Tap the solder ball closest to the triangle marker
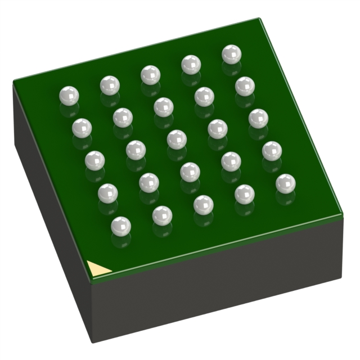tap(121, 226)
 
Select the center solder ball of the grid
tap(177, 138)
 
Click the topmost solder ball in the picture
tap(231, 54)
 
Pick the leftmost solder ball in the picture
tap(69, 95)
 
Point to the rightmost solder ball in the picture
tap(285, 183)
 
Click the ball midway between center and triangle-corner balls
tap(149, 182)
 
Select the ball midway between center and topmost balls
tap(204, 96)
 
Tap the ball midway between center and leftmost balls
tap(123, 117)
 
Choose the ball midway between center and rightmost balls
tap(231, 161)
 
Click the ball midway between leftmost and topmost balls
tap(150, 75)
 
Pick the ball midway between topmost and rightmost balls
tap(258, 118)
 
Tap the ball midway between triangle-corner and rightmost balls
tap(203, 204)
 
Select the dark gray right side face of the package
tap(225, 281)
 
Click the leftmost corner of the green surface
tap(13, 82)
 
